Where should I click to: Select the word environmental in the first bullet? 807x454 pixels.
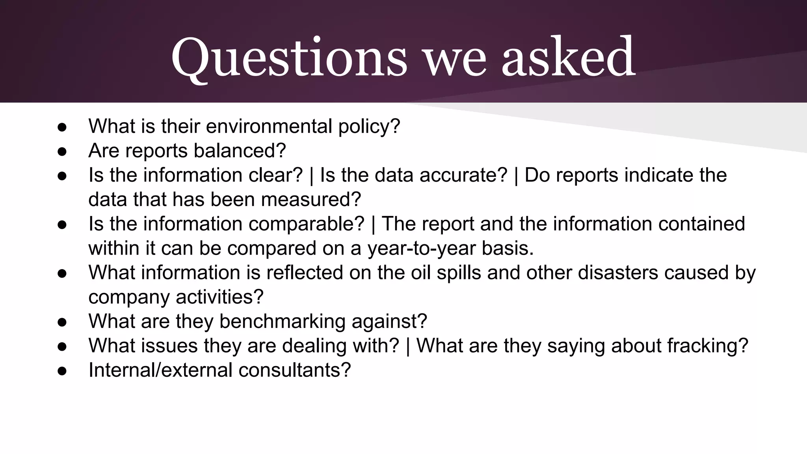click(x=269, y=127)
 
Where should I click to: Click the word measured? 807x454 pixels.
click(x=311, y=199)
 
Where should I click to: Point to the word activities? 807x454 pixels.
click(x=219, y=297)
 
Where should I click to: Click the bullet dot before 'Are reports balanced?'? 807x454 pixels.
click(x=62, y=151)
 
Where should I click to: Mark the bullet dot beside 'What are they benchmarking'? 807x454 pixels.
click(x=62, y=322)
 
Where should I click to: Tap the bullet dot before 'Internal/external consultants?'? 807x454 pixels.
click(x=62, y=370)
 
